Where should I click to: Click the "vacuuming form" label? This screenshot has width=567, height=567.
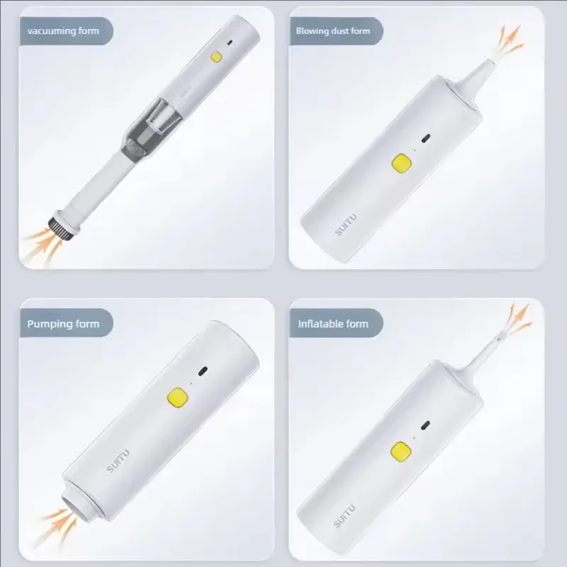(62, 31)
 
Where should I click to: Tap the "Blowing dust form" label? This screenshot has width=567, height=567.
(332, 31)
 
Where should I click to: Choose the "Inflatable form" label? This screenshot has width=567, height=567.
(332, 324)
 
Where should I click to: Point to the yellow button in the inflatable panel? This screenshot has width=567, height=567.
(400, 450)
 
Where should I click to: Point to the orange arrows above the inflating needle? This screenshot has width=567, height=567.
(520, 317)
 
